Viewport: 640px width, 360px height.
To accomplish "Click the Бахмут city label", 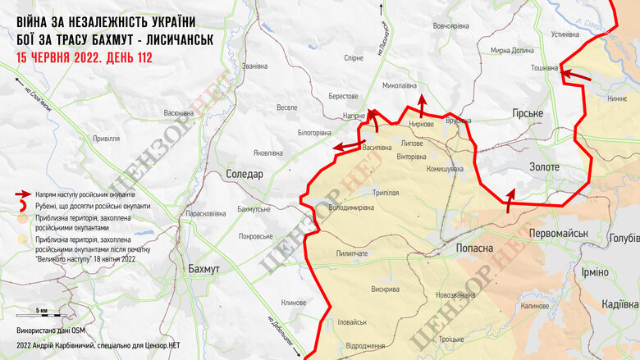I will point(203,269).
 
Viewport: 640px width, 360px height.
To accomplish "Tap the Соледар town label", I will point(244,175).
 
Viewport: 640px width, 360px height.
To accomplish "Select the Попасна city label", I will point(473,248).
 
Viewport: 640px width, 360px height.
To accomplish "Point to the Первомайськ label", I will point(558,234).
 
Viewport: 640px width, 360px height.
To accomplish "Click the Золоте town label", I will point(544,167).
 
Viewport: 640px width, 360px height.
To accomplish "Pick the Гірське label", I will point(527,112).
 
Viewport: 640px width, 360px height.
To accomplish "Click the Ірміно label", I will point(595,272).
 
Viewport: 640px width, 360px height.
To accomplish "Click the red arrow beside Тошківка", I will point(576,75).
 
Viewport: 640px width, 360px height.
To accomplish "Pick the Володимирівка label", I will point(350,207).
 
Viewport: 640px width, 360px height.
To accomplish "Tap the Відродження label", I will point(365,345).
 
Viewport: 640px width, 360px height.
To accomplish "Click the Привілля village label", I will point(106,139).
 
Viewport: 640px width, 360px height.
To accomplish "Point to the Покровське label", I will point(254,236).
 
